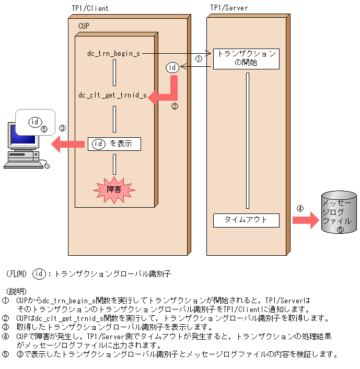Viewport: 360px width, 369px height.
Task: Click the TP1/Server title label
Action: [229, 8]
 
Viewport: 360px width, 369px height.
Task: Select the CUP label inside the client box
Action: [84, 26]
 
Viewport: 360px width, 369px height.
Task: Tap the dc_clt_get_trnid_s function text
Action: [112, 96]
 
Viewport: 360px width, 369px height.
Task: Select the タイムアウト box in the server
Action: [246, 220]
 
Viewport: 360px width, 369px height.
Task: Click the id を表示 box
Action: [114, 144]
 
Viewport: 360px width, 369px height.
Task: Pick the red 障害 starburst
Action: [114, 189]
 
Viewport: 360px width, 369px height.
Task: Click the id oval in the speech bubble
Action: [35, 122]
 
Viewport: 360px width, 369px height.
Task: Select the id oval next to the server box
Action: [172, 67]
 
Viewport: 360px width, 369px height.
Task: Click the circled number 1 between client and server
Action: [199, 59]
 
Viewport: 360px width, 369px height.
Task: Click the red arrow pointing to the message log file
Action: [305, 220]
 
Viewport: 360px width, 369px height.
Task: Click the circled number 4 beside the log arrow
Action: [300, 208]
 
